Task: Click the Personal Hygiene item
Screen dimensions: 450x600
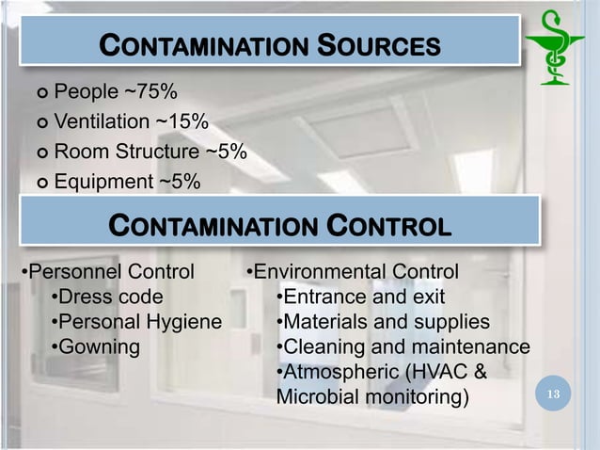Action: click(135, 322)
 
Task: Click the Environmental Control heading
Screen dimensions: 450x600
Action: click(353, 273)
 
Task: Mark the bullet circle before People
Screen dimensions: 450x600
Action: click(41, 93)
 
